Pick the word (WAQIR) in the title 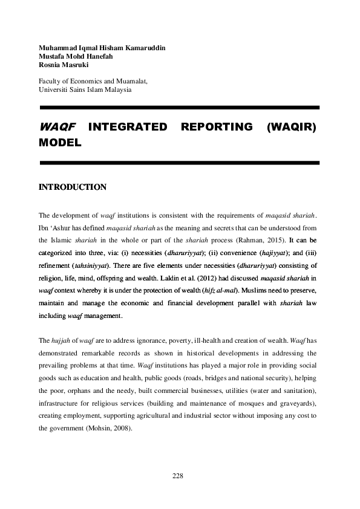[293, 127]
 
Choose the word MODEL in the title [59, 144]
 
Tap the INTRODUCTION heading [73, 187]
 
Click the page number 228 [177, 476]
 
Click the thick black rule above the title [178, 108]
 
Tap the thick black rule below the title [178, 163]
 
